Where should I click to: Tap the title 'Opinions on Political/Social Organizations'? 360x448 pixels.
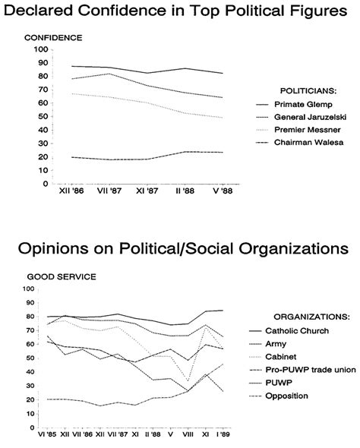(180, 250)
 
